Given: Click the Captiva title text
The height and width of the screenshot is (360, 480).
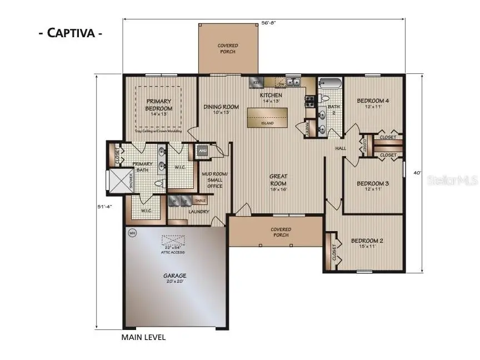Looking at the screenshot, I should point(70,32).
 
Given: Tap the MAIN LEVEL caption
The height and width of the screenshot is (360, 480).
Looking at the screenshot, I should point(143,337).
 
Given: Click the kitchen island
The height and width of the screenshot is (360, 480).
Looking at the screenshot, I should point(268,117).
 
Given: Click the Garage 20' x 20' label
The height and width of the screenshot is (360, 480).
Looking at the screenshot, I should point(174,278).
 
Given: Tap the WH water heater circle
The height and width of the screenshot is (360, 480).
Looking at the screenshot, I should point(132,232).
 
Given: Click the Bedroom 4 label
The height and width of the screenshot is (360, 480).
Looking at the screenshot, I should point(373,103).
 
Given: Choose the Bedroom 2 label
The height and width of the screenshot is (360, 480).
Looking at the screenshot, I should point(367,243).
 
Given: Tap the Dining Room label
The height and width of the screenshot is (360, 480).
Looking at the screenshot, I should point(221,109).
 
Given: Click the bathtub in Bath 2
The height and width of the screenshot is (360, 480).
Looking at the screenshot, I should point(329,84).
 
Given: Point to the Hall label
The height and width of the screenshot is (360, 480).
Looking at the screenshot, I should point(341,148).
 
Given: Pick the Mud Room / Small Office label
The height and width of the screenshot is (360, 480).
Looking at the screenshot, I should point(212,179).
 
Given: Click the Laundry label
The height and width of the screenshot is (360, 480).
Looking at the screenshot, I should point(198,212).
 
